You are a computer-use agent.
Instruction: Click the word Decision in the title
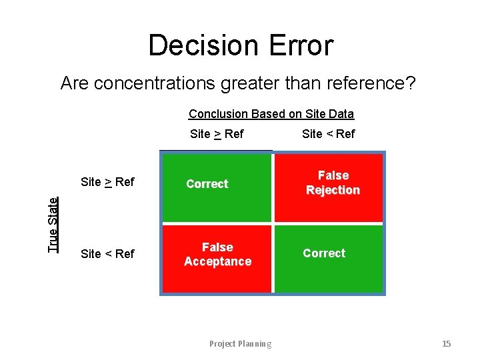[201, 46]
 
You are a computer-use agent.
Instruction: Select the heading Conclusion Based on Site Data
[271, 114]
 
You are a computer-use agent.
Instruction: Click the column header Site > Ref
[217, 134]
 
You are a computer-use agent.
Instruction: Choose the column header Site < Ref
[328, 134]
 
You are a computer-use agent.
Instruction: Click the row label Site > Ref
[107, 182]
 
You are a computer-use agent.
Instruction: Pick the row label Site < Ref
[107, 254]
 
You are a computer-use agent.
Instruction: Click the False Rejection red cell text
[333, 183]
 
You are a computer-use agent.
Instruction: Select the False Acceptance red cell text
[217, 254]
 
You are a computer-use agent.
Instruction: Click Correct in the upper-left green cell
[207, 184]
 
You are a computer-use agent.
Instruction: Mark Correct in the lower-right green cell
[324, 253]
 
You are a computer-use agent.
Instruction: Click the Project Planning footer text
[240, 344]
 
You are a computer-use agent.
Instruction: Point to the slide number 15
[446, 344]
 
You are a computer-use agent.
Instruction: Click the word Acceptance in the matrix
[217, 261]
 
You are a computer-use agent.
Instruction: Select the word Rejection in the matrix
[333, 190]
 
